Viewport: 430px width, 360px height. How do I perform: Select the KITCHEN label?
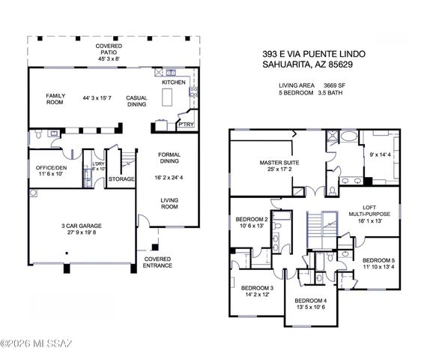coord(174,82)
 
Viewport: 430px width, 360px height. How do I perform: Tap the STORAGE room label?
coord(121,179)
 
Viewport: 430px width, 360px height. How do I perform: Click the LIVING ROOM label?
coord(169,202)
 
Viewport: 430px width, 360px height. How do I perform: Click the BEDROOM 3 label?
coord(257,289)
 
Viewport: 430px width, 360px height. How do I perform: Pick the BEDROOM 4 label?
coord(310,301)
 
